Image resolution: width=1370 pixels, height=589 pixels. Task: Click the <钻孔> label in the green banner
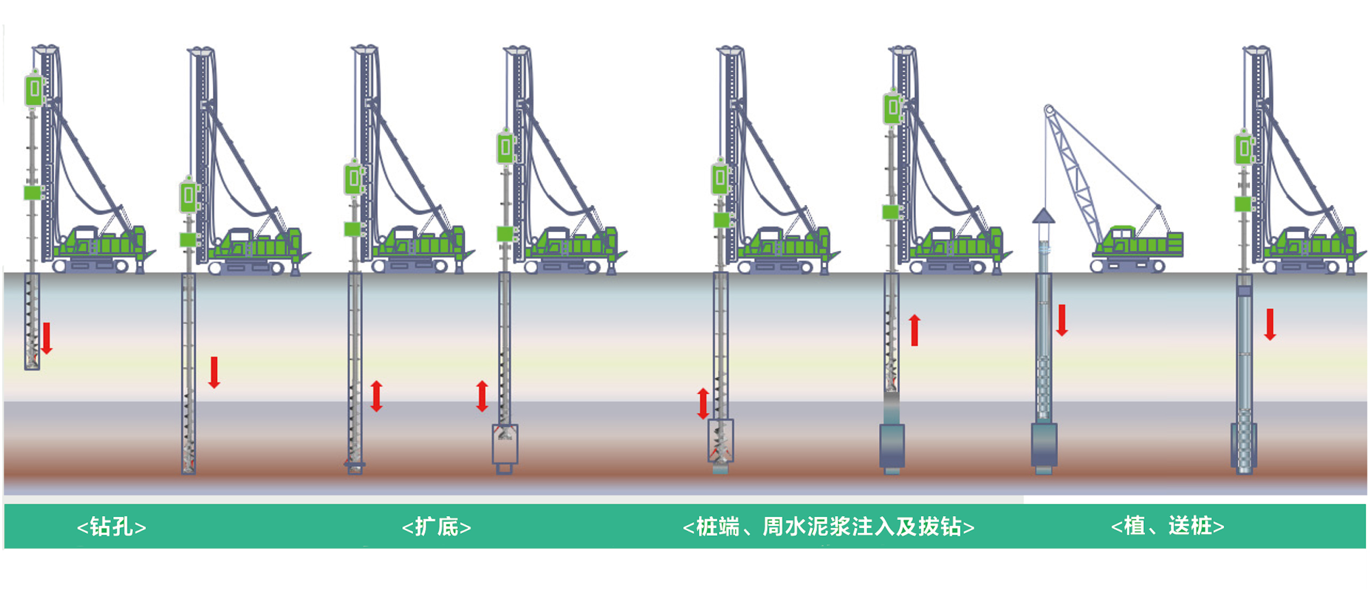[111, 527]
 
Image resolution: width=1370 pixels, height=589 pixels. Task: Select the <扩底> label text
[436, 527]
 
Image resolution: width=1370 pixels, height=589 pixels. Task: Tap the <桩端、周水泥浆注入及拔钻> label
[828, 527]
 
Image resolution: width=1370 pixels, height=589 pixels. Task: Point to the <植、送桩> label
[1167, 525]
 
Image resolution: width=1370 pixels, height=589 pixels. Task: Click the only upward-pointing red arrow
[914, 330]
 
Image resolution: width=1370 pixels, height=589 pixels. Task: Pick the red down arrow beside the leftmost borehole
[47, 338]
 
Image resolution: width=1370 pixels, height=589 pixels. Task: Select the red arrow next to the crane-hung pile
[1061, 320]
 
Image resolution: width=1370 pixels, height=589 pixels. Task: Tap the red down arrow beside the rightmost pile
[1270, 324]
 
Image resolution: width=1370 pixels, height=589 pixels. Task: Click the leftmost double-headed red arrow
[376, 396]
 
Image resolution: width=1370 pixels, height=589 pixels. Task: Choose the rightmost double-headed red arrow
[703, 403]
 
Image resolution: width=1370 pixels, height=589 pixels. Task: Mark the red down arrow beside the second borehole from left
[214, 372]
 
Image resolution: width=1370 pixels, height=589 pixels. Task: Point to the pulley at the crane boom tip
[1049, 110]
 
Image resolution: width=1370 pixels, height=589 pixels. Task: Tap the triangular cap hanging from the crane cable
[1044, 216]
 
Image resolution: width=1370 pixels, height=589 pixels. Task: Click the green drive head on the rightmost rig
[1243, 148]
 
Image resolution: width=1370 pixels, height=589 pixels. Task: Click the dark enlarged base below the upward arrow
[891, 445]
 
